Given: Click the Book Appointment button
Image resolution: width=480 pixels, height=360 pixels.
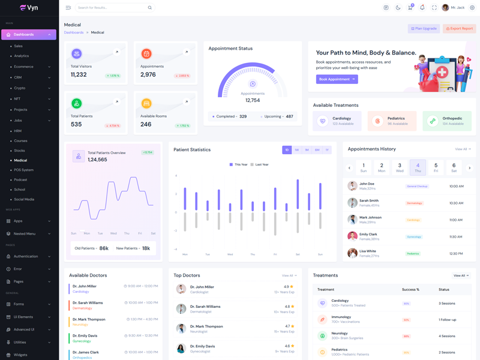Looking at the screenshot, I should (x=337, y=79).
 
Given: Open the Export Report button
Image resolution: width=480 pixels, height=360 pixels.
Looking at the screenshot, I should (x=459, y=29).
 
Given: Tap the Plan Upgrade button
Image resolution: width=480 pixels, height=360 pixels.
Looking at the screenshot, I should (x=424, y=29).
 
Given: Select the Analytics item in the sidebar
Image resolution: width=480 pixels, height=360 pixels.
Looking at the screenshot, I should (x=22, y=56).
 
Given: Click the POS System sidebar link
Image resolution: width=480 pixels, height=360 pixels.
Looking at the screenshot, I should (x=24, y=170).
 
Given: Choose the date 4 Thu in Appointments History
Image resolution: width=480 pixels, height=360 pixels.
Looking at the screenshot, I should (x=418, y=167).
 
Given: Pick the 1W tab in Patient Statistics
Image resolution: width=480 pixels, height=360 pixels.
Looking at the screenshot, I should (x=296, y=150).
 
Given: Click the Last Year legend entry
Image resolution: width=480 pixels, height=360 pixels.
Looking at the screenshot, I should (x=260, y=164).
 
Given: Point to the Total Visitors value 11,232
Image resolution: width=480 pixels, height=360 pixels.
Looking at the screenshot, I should (x=79, y=75).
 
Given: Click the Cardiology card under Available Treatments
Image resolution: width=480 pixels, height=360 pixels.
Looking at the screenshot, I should (x=337, y=121).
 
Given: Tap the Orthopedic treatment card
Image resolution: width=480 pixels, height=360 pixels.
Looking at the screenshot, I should (x=447, y=121).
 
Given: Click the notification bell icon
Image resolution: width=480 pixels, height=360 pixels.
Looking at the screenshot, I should (x=422, y=8).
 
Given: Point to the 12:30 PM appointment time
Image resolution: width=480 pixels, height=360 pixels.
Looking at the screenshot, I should (x=456, y=254).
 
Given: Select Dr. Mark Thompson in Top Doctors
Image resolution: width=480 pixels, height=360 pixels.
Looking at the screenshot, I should (x=206, y=326).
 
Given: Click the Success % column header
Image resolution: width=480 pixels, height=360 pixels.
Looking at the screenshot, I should (x=410, y=290).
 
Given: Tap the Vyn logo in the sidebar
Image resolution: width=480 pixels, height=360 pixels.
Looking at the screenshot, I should (x=29, y=8).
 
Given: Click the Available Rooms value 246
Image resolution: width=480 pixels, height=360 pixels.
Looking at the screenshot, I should (x=146, y=125).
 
